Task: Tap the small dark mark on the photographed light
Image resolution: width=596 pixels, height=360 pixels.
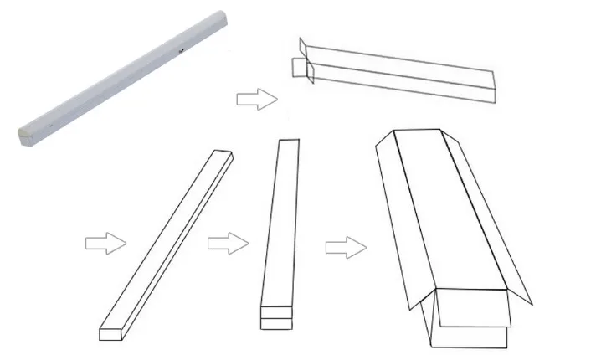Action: click(x=181, y=51)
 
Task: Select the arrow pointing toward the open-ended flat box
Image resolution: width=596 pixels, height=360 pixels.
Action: click(x=257, y=100)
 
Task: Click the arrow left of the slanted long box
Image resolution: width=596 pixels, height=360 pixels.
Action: click(x=105, y=244)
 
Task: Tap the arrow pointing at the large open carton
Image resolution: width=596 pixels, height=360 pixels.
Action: click(x=346, y=248)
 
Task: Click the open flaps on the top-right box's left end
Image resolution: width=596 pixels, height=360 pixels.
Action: click(x=302, y=59)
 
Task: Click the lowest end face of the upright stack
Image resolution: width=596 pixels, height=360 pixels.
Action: click(x=277, y=323)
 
